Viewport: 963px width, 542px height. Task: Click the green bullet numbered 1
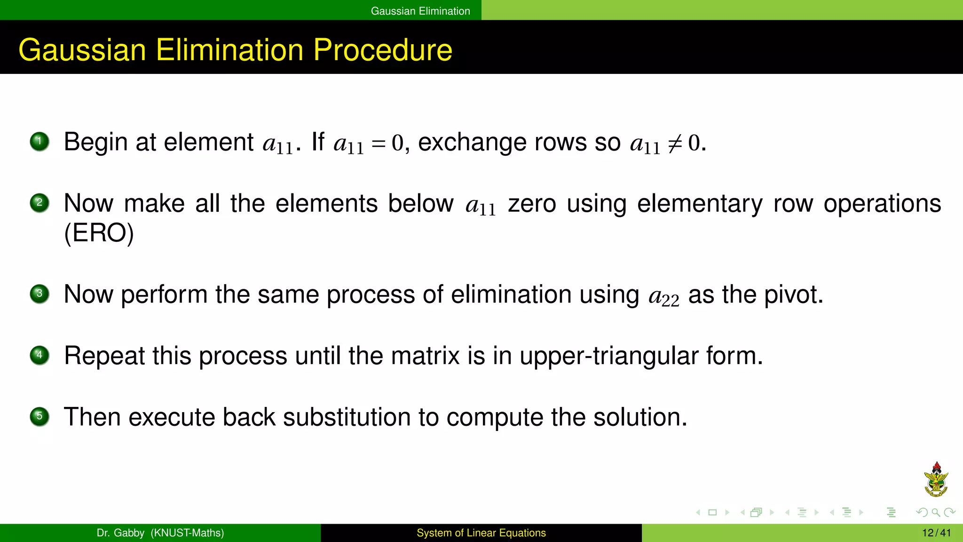[39, 142]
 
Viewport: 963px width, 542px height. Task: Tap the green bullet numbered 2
[39, 203]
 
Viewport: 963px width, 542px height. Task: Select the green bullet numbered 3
[39, 294]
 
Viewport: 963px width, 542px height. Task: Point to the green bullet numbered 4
[39, 355]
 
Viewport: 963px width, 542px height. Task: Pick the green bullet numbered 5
[39, 416]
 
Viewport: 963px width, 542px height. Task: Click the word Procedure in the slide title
[382, 50]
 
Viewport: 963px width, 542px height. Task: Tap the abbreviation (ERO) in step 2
[99, 233]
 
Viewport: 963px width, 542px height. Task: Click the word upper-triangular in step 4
[609, 356]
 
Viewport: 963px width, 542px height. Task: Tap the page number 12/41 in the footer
[936, 533]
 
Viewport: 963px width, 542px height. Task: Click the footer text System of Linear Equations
[481, 533]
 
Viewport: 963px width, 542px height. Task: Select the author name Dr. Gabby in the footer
[120, 533]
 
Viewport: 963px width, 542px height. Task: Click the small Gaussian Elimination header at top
[420, 11]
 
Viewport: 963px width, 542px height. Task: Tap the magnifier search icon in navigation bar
[935, 512]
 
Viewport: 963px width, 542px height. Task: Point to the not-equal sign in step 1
[675, 143]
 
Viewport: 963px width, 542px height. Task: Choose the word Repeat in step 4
[104, 356]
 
